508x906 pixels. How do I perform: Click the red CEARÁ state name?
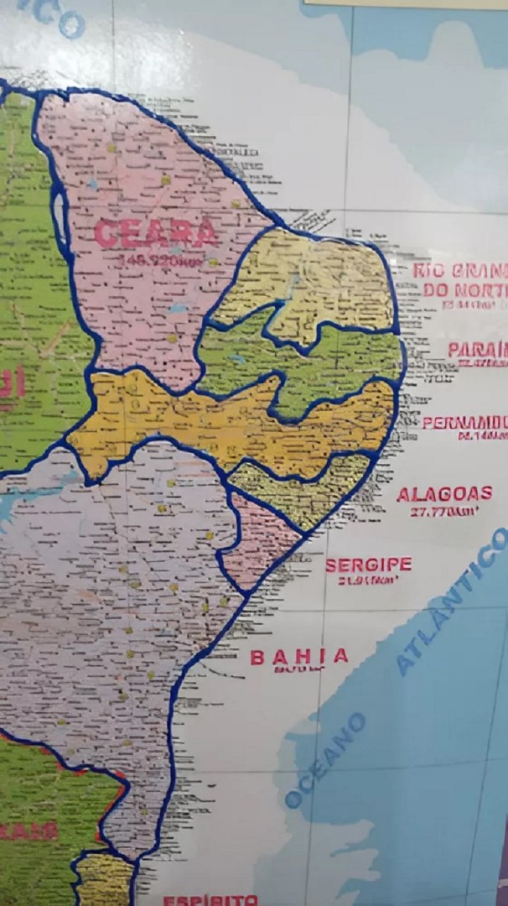[x=156, y=232]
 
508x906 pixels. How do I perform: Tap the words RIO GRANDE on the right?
[x=459, y=271]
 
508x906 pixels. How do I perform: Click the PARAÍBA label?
[x=476, y=349]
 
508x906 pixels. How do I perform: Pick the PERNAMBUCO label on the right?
[x=464, y=422]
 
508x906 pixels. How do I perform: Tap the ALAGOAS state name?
[x=444, y=493]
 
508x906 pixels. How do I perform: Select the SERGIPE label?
[x=369, y=564]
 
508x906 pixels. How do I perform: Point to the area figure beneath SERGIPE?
[x=367, y=580]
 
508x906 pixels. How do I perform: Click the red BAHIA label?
[x=299, y=656]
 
